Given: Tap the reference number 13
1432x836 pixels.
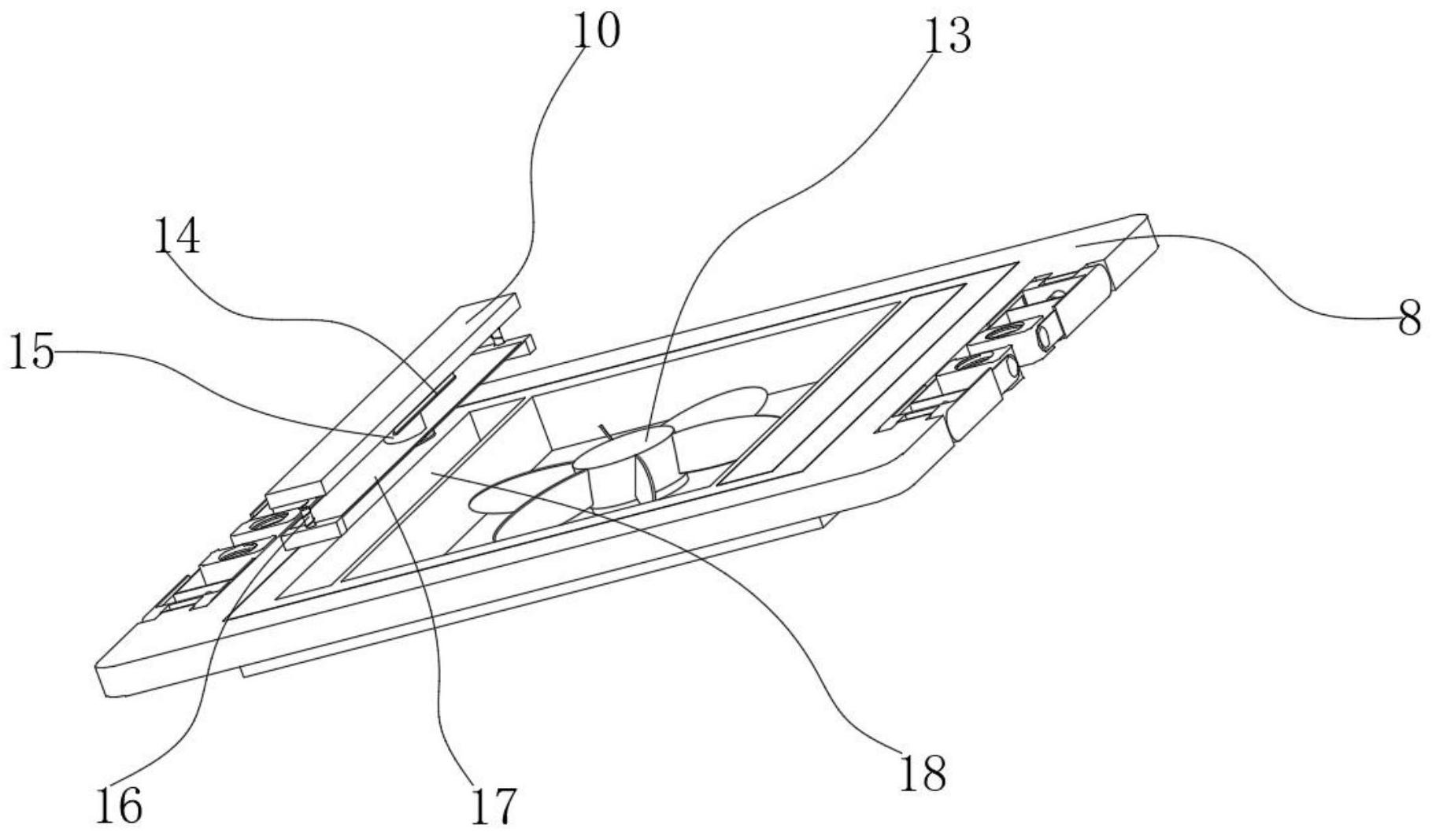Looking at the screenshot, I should [x=947, y=35].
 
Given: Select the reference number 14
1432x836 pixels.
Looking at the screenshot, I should [x=176, y=237].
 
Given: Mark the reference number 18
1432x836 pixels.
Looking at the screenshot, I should [x=923, y=772].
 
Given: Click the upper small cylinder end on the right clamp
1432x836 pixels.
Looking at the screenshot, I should [x=1045, y=338].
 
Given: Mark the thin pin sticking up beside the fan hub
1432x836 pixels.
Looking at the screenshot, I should [x=607, y=432].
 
